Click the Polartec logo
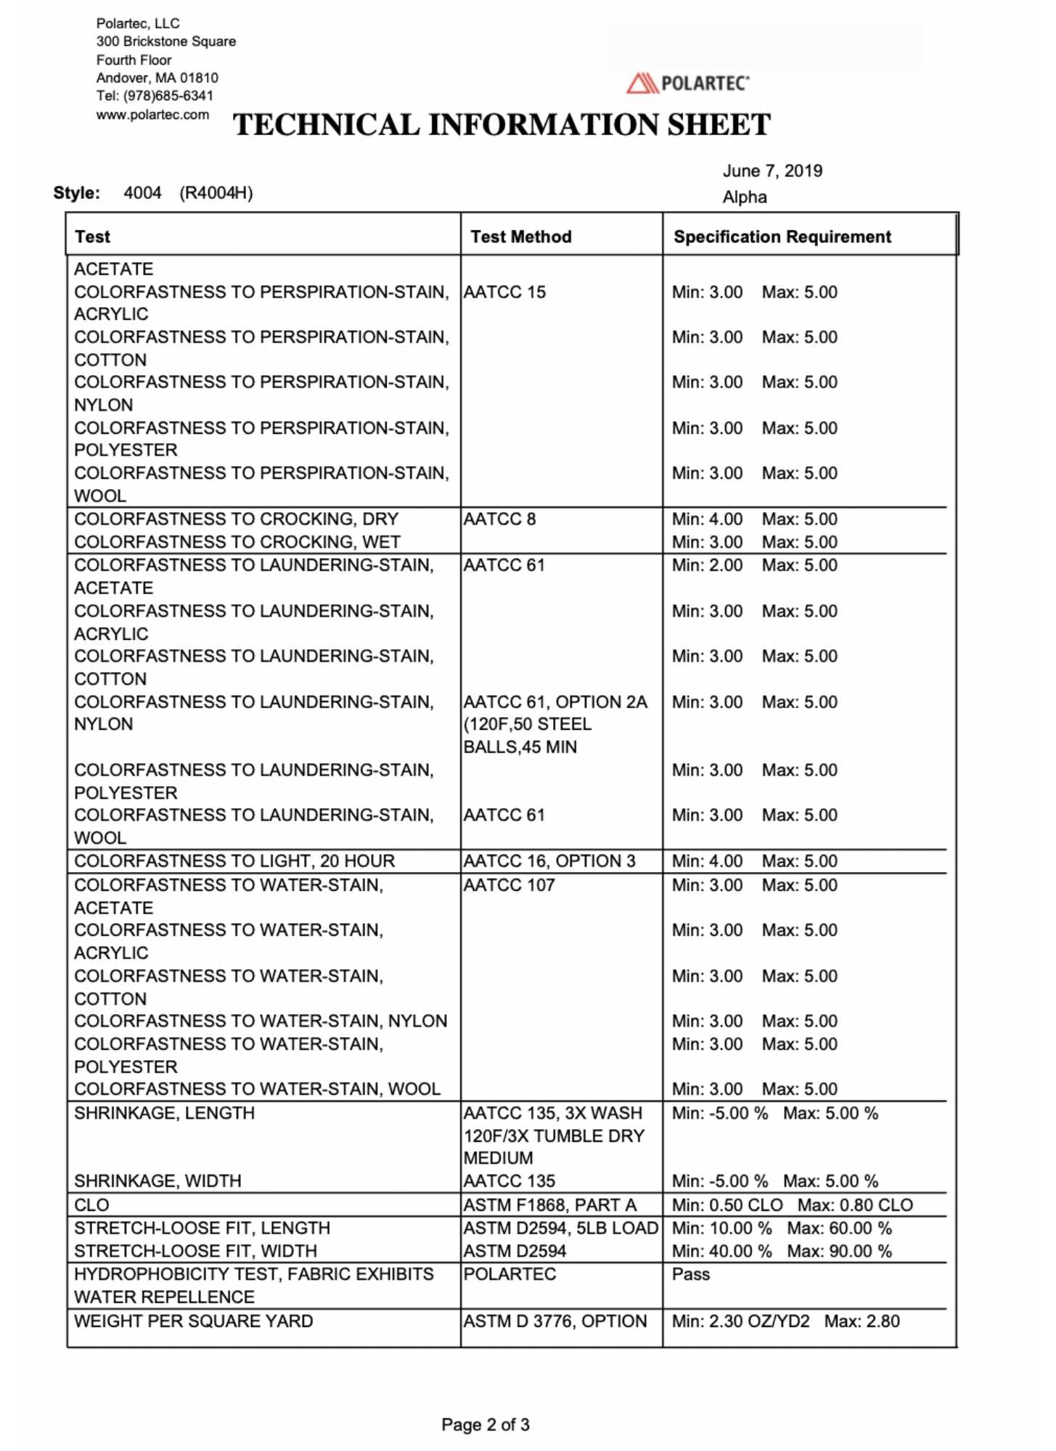[x=687, y=83]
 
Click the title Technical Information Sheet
[x=502, y=125]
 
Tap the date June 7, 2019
[x=772, y=171]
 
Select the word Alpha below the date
[x=744, y=197]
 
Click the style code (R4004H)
[x=216, y=193]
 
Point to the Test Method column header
[x=520, y=237]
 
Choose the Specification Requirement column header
[x=782, y=237]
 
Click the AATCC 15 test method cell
[x=504, y=292]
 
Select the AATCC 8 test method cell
[x=499, y=519]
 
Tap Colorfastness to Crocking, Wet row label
[x=237, y=542]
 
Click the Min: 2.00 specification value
[x=707, y=565]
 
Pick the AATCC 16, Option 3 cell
[x=549, y=861]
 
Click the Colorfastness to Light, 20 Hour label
[x=234, y=861]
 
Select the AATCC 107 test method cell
[x=509, y=885]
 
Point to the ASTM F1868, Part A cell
[x=549, y=1205]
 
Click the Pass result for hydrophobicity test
[x=691, y=1275]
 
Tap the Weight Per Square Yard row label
[x=194, y=1321]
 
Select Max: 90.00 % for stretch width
[x=839, y=1251]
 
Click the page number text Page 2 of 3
[x=486, y=1425]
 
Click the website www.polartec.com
[x=152, y=115]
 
